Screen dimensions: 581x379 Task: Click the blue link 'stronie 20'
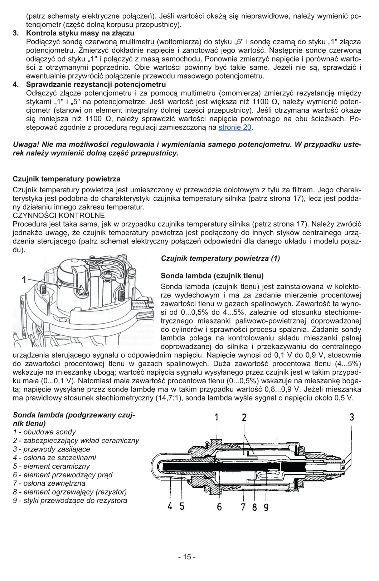(235, 127)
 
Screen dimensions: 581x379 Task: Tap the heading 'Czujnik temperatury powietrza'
(67, 179)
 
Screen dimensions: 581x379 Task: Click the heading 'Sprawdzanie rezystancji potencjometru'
(96, 85)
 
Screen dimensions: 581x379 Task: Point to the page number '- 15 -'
(187, 557)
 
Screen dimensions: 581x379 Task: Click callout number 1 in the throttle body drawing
(24, 279)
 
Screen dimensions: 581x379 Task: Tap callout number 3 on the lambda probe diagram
(352, 417)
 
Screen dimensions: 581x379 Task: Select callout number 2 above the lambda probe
(244, 417)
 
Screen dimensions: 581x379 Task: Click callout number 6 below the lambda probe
(219, 507)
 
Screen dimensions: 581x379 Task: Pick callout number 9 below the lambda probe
(266, 507)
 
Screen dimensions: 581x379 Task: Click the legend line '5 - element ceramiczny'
(51, 466)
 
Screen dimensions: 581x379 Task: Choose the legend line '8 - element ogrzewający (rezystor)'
(70, 492)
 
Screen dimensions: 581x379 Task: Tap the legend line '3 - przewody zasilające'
(51, 449)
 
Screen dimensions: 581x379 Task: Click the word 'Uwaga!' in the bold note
(26, 144)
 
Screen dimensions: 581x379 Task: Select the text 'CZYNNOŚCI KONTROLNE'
(59, 216)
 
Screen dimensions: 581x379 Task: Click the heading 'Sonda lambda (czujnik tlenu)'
(212, 276)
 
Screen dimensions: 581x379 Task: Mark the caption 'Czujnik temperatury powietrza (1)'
(220, 258)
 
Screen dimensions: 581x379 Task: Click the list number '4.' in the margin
(16, 85)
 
